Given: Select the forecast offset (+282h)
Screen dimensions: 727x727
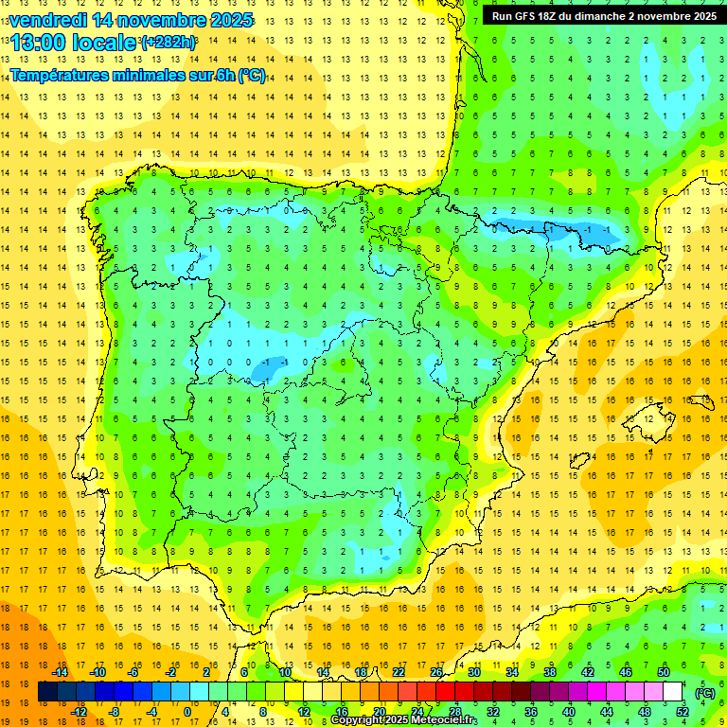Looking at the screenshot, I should [168, 43].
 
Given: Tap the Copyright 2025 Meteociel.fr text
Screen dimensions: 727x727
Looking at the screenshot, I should [403, 720].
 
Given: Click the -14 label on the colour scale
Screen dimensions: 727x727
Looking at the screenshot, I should [60, 672].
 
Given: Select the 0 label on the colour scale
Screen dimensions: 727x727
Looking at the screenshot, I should [187, 712].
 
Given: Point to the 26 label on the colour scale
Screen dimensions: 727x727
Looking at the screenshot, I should [436, 672].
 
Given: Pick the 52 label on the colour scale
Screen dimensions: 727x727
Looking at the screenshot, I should [682, 712].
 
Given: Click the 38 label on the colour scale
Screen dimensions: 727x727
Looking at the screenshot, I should [549, 672].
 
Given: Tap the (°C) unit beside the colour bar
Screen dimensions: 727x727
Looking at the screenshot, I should [705, 693].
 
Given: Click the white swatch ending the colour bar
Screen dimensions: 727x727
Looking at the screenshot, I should [673, 692].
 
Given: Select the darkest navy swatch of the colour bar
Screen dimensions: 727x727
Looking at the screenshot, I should [47, 692].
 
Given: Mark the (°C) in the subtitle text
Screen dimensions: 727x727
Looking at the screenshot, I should [252, 76].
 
